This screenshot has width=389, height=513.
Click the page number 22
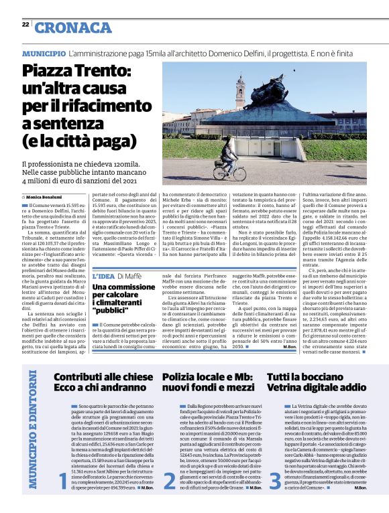point(25,24)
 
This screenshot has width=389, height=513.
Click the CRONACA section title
point(74,27)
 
